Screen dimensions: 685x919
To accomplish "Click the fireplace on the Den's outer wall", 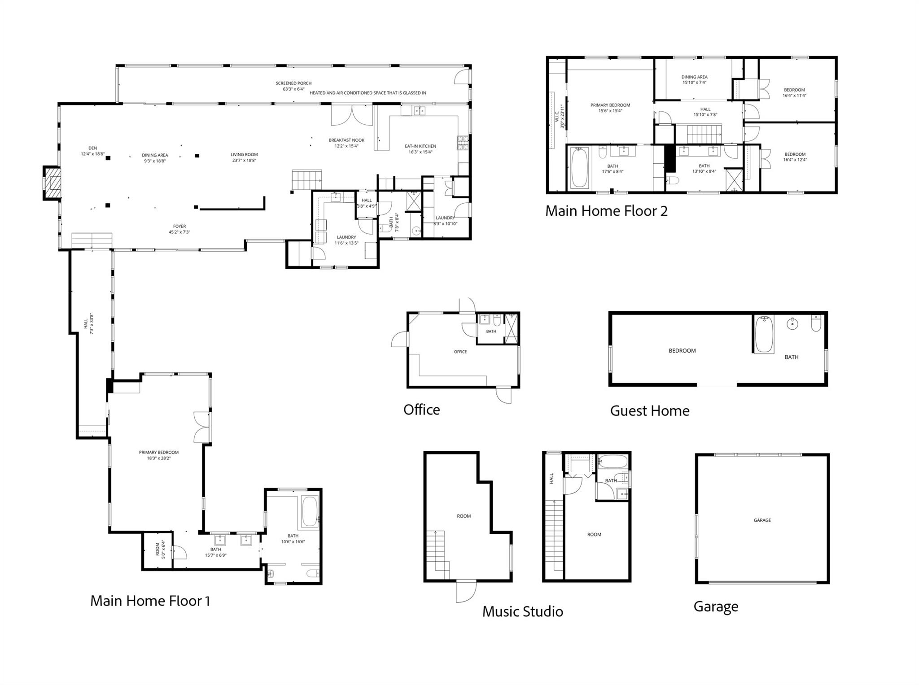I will (52, 183).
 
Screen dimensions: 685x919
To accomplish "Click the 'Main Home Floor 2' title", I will (606, 211).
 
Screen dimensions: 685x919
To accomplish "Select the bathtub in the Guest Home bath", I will (764, 334).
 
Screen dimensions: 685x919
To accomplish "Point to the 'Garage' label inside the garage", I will (762, 520).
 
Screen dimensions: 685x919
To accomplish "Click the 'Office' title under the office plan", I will (421, 410).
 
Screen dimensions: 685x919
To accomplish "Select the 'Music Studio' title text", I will (522, 611).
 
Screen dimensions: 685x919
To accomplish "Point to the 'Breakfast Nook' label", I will (346, 143).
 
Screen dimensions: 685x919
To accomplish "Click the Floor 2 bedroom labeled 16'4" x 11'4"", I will (794, 92).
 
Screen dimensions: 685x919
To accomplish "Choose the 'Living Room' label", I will (244, 157).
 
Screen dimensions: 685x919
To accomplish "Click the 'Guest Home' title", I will (649, 410).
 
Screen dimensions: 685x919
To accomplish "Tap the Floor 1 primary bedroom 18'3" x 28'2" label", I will (158, 455).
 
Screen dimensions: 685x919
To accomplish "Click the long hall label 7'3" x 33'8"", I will (89, 323).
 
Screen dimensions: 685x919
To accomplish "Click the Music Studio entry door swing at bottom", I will (466, 591).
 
